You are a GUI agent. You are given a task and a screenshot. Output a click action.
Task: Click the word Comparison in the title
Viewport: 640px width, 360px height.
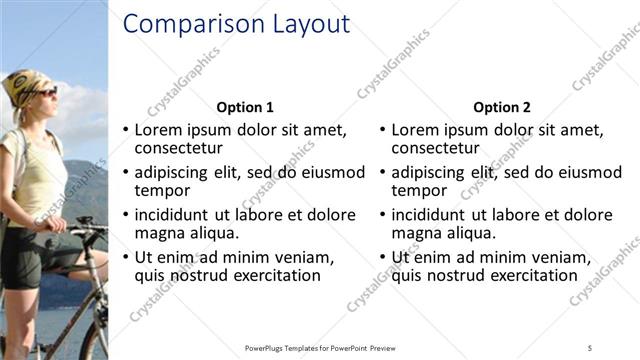(x=186, y=24)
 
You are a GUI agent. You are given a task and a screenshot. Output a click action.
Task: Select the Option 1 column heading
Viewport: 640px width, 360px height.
(x=245, y=107)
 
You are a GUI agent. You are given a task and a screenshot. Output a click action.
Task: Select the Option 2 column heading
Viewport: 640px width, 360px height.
(x=502, y=107)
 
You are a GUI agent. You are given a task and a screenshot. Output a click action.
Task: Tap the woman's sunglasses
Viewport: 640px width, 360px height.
(x=43, y=92)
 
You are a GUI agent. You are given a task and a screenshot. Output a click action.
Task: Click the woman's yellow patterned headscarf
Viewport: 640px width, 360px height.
(x=22, y=86)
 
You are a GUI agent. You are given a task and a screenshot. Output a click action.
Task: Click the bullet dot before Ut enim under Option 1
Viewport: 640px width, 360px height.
(x=125, y=258)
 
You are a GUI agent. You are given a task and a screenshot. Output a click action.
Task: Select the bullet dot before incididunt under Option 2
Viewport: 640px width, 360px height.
(x=382, y=216)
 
